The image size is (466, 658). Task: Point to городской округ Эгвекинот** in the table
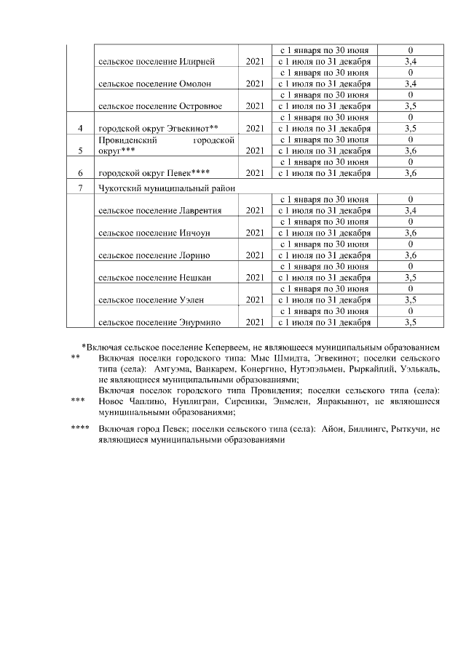[158, 129]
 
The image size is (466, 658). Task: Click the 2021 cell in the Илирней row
[254, 62]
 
